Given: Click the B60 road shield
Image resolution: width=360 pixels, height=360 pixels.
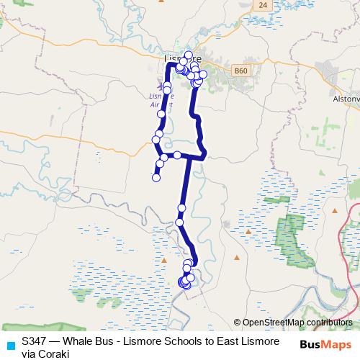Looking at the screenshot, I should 240,71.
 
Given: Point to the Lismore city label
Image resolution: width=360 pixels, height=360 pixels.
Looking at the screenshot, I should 179,58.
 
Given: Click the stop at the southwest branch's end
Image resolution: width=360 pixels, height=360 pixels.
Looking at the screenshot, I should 156,178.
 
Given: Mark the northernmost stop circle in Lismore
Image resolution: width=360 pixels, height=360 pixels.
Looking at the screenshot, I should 189,55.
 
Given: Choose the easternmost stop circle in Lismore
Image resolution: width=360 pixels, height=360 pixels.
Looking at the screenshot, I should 203,74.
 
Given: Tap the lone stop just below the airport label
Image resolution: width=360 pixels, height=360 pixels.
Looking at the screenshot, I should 161,114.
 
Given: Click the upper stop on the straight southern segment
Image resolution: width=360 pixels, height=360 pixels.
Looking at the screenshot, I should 182,207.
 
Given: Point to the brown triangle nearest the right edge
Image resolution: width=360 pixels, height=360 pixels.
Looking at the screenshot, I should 336,210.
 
